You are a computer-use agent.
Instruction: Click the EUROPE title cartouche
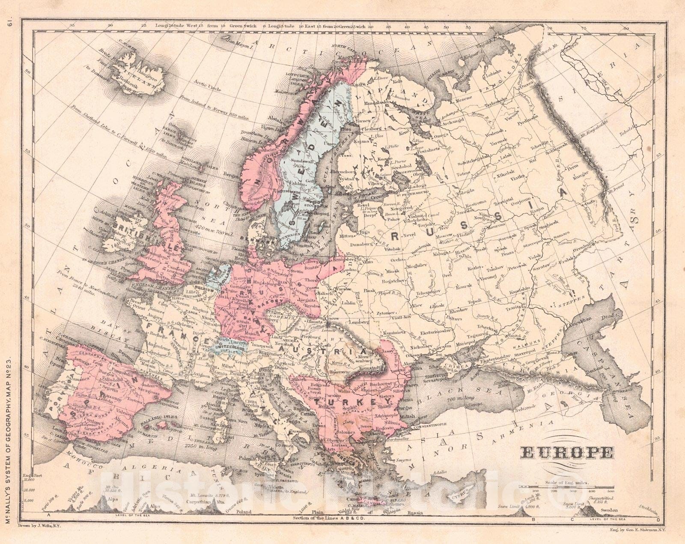(566, 452)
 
